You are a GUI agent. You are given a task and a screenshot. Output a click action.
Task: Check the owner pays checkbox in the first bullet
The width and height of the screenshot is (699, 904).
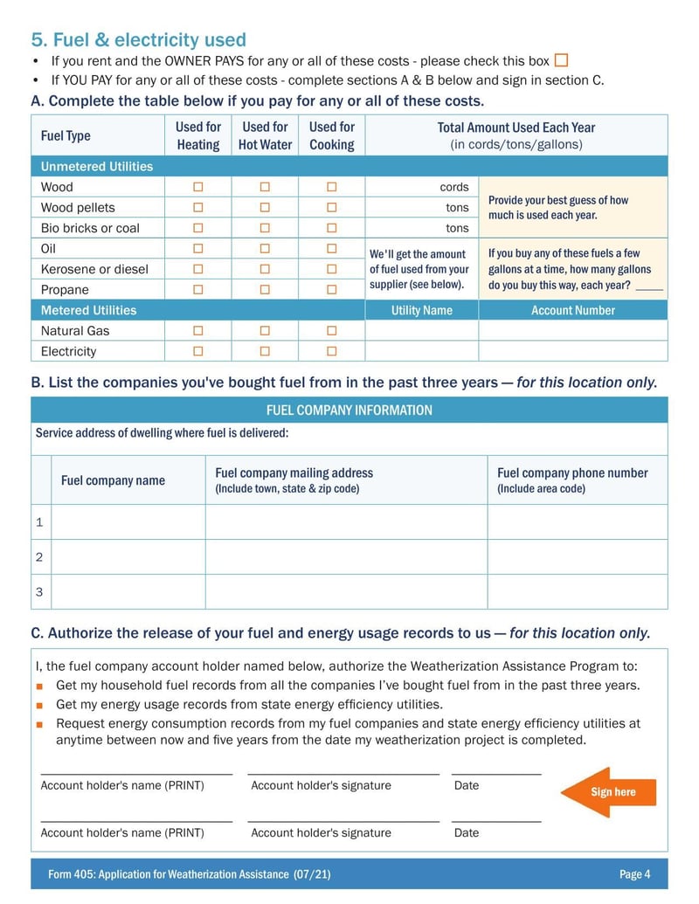point(561,60)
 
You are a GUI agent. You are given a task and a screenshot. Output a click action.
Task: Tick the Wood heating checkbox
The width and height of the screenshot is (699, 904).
point(198,187)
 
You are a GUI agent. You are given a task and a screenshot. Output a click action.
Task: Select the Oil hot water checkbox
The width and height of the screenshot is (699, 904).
point(265,249)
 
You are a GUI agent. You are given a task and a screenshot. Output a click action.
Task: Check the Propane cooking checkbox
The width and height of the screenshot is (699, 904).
point(332,289)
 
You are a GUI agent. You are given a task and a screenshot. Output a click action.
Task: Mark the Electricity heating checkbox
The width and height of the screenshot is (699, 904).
point(198,351)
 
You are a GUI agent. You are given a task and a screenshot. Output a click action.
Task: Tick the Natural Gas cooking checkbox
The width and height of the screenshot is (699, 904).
point(332,330)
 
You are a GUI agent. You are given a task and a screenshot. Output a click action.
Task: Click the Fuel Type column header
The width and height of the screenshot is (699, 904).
point(66,135)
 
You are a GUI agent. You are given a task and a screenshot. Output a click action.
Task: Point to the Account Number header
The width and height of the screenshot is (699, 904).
point(573,310)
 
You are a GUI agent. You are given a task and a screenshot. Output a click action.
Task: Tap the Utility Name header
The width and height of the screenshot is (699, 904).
point(421,310)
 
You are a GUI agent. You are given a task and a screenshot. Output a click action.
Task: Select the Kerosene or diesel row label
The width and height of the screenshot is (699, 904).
point(94,269)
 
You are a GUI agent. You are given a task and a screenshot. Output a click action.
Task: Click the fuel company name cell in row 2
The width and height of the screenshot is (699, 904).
point(128,556)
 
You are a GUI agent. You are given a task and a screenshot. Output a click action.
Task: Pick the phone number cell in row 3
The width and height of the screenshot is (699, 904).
point(577,591)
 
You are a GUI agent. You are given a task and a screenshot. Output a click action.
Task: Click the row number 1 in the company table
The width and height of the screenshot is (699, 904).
point(39,522)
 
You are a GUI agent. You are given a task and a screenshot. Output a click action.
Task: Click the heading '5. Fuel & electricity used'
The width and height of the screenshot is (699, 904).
point(139,40)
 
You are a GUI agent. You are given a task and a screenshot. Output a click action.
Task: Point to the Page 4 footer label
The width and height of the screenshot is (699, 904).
point(634,874)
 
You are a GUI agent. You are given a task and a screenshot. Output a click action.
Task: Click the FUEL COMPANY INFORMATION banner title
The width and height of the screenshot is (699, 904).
point(349,410)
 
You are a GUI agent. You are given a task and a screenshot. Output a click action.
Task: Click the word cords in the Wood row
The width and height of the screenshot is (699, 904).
point(454,187)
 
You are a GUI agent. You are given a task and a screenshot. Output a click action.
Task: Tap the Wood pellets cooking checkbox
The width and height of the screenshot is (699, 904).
point(332,208)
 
